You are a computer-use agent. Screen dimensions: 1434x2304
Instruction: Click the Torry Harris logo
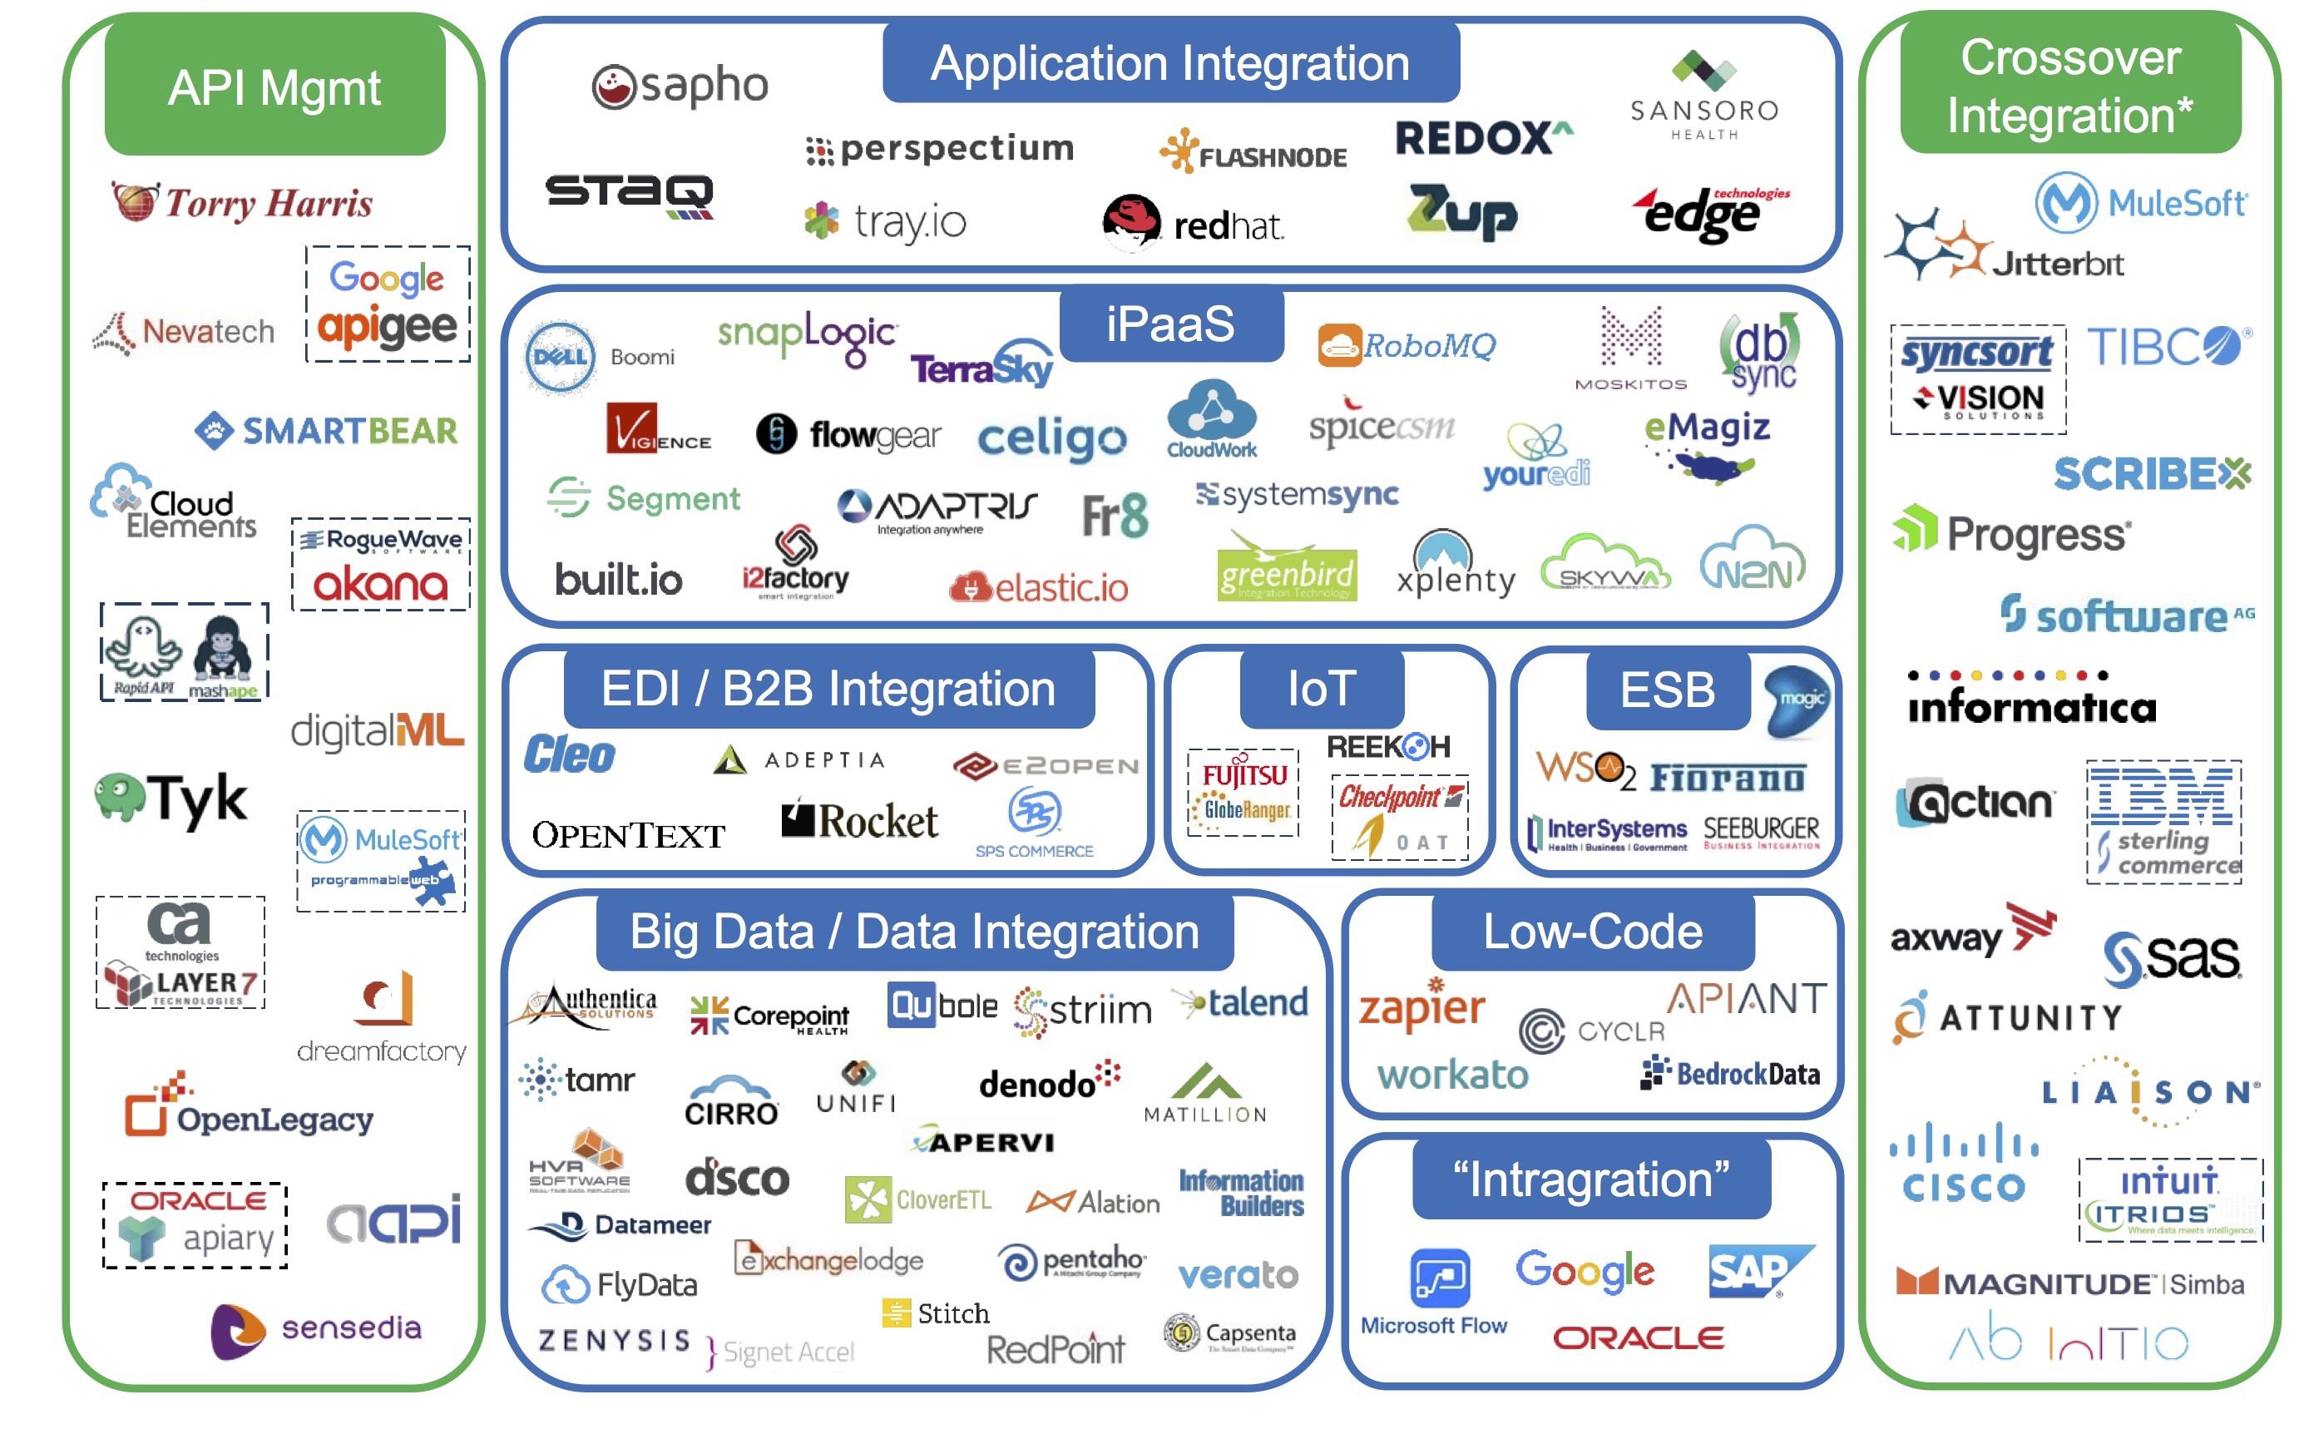[243, 202]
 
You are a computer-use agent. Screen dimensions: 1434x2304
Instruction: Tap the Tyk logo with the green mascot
[171, 799]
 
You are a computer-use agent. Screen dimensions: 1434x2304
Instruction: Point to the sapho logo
[680, 87]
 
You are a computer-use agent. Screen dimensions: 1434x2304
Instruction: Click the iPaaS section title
[1170, 324]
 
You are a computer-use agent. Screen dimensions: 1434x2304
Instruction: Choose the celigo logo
[1051, 439]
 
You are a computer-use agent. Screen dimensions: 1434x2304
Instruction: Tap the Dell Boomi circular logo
[561, 358]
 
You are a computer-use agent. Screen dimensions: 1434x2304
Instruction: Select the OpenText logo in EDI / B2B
[628, 836]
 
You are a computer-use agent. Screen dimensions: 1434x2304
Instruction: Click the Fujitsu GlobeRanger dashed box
[1243, 793]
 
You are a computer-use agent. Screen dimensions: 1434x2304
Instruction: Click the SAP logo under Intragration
[1758, 1271]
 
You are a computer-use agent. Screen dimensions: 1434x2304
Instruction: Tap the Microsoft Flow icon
[1439, 1277]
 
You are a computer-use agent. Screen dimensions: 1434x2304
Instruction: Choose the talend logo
[1243, 1002]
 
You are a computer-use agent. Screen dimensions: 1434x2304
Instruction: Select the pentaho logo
[1072, 1261]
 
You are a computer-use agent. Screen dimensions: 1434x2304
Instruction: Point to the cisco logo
[1964, 1163]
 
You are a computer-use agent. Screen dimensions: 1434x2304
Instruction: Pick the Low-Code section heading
[1592, 932]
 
